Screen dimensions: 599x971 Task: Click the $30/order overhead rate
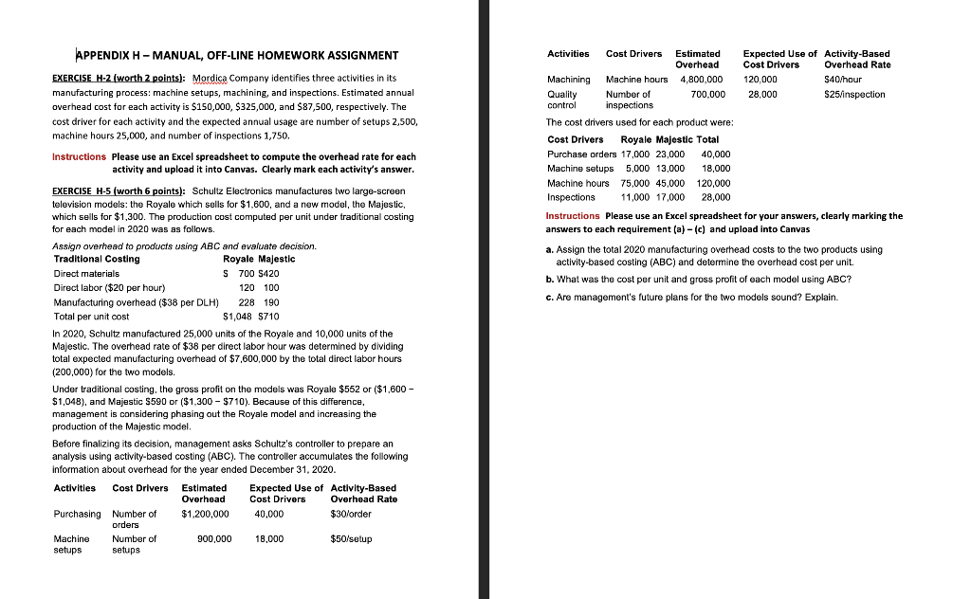[x=351, y=514]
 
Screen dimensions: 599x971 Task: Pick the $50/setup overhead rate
[x=351, y=538]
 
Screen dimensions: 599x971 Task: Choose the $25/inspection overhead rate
[x=855, y=94]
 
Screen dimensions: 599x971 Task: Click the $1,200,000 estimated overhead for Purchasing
[x=205, y=514]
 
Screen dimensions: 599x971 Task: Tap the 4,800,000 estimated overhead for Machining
[x=700, y=80]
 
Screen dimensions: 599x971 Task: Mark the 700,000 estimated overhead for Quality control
[x=708, y=94]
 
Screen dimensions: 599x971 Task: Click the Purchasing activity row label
[x=77, y=514]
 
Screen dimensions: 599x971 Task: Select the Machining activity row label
[x=568, y=80]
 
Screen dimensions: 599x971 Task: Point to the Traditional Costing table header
[x=97, y=259]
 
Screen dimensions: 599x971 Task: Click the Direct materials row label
[x=86, y=273]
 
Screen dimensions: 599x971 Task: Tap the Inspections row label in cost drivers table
[x=572, y=197]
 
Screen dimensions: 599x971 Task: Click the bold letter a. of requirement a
[x=549, y=249]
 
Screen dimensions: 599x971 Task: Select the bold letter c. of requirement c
[x=549, y=298]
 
